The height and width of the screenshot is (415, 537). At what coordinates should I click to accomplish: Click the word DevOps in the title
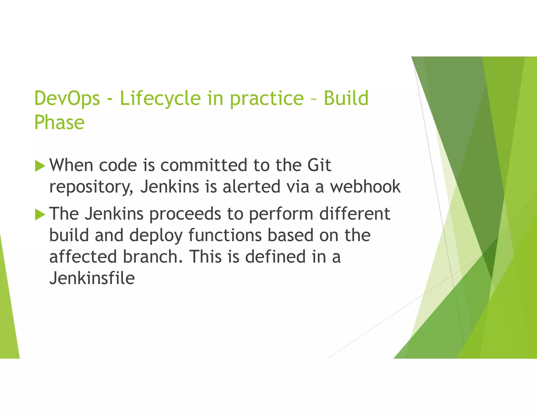pyautogui.click(x=67, y=98)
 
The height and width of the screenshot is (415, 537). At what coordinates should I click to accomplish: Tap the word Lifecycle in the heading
pyautogui.click(x=160, y=98)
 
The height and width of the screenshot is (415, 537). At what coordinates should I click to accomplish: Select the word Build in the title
pyautogui.click(x=346, y=98)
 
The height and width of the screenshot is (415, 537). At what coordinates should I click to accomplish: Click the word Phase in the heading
pyautogui.click(x=60, y=123)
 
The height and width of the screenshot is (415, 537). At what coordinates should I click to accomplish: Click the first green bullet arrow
pyautogui.click(x=40, y=166)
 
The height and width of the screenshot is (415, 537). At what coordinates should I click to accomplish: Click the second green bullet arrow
pyautogui.click(x=40, y=214)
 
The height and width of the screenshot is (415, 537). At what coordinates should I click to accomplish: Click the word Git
pyautogui.click(x=319, y=165)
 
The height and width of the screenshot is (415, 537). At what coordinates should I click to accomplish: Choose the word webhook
pyautogui.click(x=365, y=187)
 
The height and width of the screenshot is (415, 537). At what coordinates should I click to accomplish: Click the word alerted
pyautogui.click(x=251, y=187)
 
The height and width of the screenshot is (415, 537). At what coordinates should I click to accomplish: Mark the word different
pyautogui.click(x=355, y=214)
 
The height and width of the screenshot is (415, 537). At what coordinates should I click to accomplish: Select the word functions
pyautogui.click(x=225, y=235)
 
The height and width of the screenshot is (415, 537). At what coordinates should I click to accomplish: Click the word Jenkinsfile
pyautogui.click(x=92, y=278)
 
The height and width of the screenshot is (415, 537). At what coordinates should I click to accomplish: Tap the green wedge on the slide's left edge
pyautogui.click(x=8, y=315)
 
